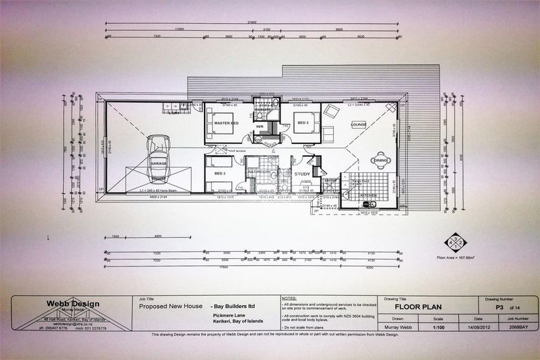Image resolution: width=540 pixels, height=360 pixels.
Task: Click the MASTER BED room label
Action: (x=226, y=124)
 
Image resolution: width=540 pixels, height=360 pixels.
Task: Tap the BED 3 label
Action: (x=303, y=123)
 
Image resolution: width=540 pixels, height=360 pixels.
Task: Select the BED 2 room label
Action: (x=219, y=173)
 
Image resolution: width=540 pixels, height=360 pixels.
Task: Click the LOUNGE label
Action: (x=359, y=124)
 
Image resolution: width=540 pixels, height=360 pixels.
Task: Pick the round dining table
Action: (x=381, y=160)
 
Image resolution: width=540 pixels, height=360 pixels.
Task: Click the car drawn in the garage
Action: (x=157, y=151)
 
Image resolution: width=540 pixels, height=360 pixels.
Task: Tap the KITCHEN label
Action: (x=369, y=195)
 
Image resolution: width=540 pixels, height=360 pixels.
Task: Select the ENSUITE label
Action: (x=264, y=110)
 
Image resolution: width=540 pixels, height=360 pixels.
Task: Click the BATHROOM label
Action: (x=259, y=171)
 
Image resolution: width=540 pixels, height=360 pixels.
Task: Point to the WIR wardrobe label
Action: (x=259, y=127)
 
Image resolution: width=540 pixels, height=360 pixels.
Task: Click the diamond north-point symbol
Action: (x=455, y=242)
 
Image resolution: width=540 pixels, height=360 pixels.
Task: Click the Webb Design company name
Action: (x=67, y=303)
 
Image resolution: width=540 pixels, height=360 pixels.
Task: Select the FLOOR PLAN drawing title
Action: (x=418, y=307)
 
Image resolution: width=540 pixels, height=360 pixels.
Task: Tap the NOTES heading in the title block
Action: (x=290, y=298)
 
